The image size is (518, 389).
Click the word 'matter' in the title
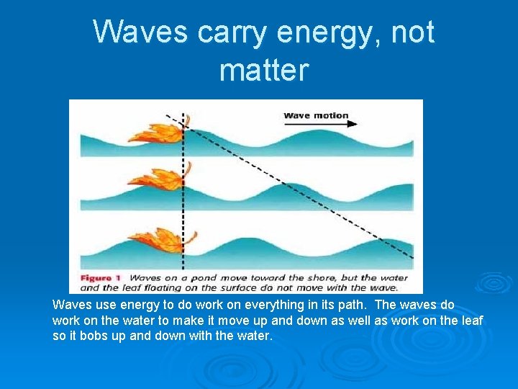pyautogui.click(x=263, y=71)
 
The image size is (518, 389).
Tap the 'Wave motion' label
pyautogui.click(x=315, y=115)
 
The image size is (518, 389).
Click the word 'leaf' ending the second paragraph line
pyautogui.click(x=471, y=320)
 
